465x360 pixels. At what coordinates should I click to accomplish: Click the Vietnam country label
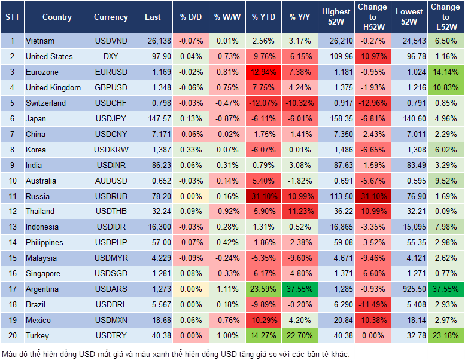point(39,41)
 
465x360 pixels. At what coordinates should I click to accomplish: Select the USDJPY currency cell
point(111,118)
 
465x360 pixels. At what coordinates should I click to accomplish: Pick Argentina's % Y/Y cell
point(300,289)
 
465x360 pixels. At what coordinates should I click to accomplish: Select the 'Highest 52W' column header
point(336,17)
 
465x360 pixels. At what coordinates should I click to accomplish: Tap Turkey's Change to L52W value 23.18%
point(446,335)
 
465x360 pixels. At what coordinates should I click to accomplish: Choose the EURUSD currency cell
point(111,72)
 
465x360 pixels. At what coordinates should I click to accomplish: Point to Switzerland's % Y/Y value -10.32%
point(300,103)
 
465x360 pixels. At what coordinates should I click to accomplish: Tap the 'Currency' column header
point(111,17)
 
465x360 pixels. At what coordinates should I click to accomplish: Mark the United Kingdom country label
point(53,87)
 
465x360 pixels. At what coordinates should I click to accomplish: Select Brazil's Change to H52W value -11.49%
point(372,304)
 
